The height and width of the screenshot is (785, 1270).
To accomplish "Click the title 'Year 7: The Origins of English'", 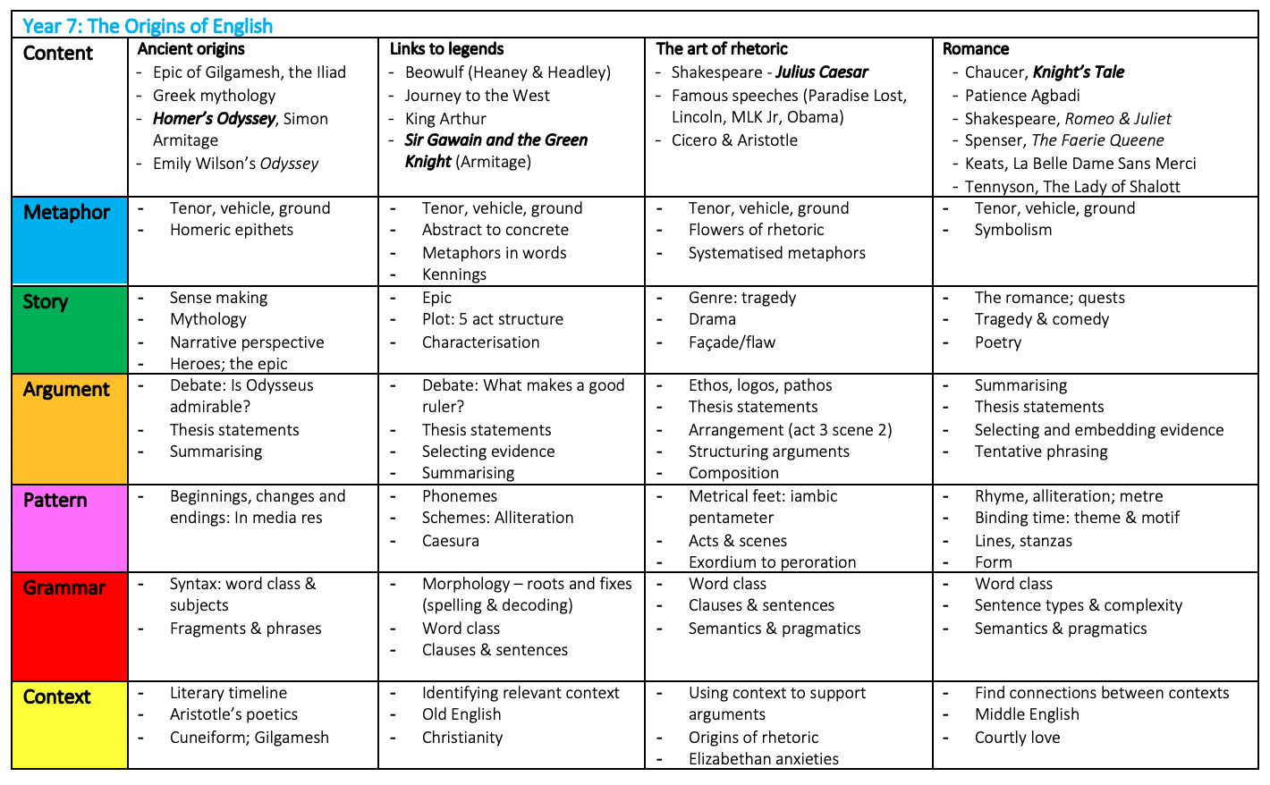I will pyautogui.click(x=148, y=26).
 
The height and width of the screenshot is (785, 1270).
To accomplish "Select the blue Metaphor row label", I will pyautogui.click(x=67, y=213).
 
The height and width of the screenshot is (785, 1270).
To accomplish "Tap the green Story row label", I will pyautogui.click(x=46, y=302).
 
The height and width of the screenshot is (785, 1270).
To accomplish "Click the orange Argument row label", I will pyautogui.click(x=67, y=390).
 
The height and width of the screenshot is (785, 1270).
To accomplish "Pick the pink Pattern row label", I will pyautogui.click(x=55, y=501).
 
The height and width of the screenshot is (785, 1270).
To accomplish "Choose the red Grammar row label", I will pyautogui.click(x=64, y=588).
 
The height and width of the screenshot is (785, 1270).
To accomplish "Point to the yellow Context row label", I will pyautogui.click(x=57, y=697).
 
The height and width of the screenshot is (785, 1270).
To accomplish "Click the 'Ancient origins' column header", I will pyautogui.click(x=191, y=49).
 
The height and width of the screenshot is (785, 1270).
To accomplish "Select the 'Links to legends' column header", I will pyautogui.click(x=446, y=49).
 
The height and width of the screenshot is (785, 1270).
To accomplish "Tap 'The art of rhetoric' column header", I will pyautogui.click(x=722, y=49).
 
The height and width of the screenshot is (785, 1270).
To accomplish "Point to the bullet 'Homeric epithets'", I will pyautogui.click(x=232, y=230).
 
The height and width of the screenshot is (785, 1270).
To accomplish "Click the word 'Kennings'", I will pyautogui.click(x=454, y=274).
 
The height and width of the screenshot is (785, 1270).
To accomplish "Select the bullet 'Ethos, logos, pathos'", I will pyautogui.click(x=760, y=385).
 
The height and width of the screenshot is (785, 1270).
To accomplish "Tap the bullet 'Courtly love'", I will pyautogui.click(x=1017, y=738).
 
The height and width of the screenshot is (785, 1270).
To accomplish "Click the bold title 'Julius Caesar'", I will pyautogui.click(x=822, y=72).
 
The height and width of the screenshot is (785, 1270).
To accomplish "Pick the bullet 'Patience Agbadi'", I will pyautogui.click(x=1022, y=96).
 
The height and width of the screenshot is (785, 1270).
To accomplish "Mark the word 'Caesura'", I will pyautogui.click(x=451, y=541).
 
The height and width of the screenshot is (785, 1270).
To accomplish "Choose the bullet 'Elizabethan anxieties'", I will pyautogui.click(x=764, y=759).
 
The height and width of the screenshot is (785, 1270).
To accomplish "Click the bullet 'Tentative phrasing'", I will pyautogui.click(x=1041, y=452).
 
